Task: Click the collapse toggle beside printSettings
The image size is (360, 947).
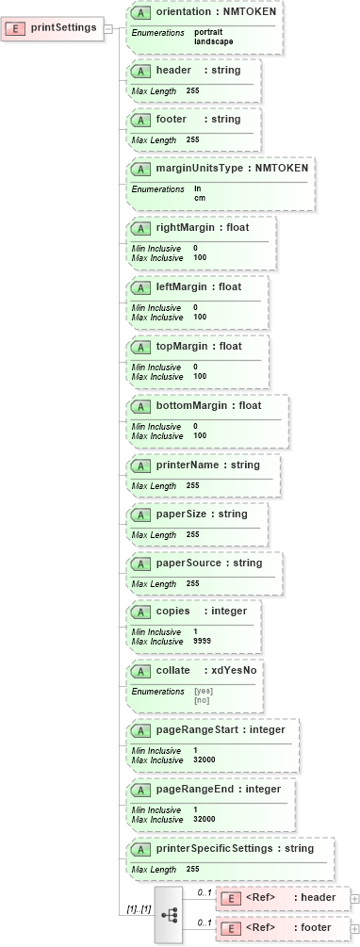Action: click(x=108, y=27)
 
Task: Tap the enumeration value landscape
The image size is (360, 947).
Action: click(x=214, y=41)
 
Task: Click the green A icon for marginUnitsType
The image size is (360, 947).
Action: click(x=140, y=168)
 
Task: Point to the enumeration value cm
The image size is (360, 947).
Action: click(x=200, y=198)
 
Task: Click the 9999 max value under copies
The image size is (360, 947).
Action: click(x=202, y=641)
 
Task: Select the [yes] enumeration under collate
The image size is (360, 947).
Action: click(x=202, y=691)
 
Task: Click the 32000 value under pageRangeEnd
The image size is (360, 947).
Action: click(x=205, y=819)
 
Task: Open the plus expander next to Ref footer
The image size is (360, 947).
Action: click(x=354, y=928)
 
